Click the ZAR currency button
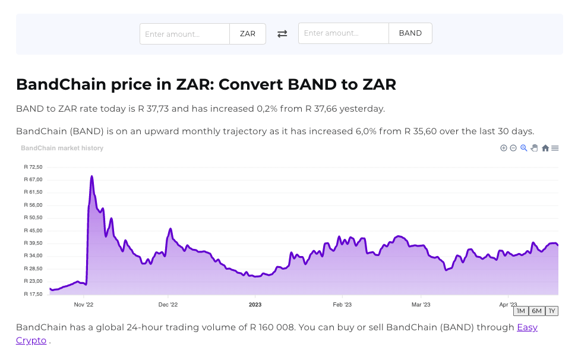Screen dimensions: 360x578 click(x=248, y=34)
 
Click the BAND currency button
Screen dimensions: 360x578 click(x=410, y=33)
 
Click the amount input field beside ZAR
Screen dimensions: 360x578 click(x=185, y=34)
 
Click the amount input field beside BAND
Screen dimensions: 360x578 click(x=343, y=33)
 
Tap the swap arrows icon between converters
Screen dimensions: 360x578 click(x=282, y=34)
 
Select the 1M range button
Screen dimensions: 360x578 click(x=520, y=311)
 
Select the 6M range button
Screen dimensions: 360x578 click(x=536, y=311)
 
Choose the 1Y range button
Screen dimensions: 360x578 click(x=552, y=311)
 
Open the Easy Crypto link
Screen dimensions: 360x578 click(x=527, y=327)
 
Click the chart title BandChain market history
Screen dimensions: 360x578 click(x=62, y=148)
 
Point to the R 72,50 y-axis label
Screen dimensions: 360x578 click(x=33, y=167)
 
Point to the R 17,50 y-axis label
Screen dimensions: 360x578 click(x=33, y=294)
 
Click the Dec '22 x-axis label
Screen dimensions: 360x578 click(x=168, y=305)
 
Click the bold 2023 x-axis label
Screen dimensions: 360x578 click(x=255, y=305)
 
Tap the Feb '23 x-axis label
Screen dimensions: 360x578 click(x=342, y=305)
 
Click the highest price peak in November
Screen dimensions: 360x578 click(x=91, y=176)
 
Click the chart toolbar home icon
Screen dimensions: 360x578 click(x=545, y=148)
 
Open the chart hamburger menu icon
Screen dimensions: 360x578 click(x=555, y=148)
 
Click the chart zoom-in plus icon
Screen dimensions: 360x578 click(x=503, y=148)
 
